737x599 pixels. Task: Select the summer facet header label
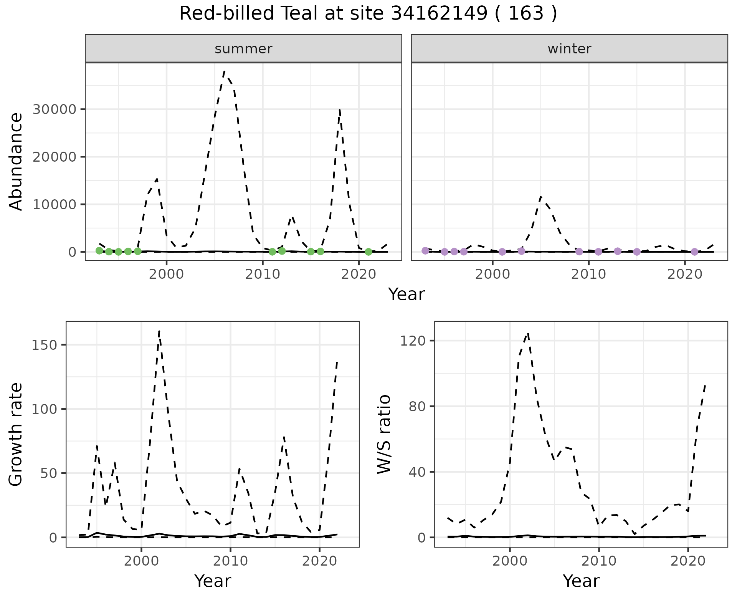(243, 49)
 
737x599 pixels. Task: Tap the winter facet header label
(569, 49)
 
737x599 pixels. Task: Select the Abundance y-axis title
(16, 161)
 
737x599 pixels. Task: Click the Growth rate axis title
(16, 434)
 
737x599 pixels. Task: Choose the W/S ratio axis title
(384, 434)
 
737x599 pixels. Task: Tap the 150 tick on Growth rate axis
(48, 345)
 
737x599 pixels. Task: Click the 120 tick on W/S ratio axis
(413, 341)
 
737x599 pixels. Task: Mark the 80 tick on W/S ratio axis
(416, 406)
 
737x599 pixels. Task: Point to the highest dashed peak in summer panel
(224, 71)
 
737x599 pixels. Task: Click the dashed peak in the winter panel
(540, 197)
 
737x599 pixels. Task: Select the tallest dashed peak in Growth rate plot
(159, 331)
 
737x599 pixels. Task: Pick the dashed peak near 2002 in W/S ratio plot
(528, 334)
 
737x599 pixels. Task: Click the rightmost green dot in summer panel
(368, 252)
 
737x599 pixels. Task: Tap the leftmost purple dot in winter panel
(425, 251)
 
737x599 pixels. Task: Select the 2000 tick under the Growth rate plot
(141, 561)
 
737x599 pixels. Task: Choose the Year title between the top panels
(406, 295)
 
